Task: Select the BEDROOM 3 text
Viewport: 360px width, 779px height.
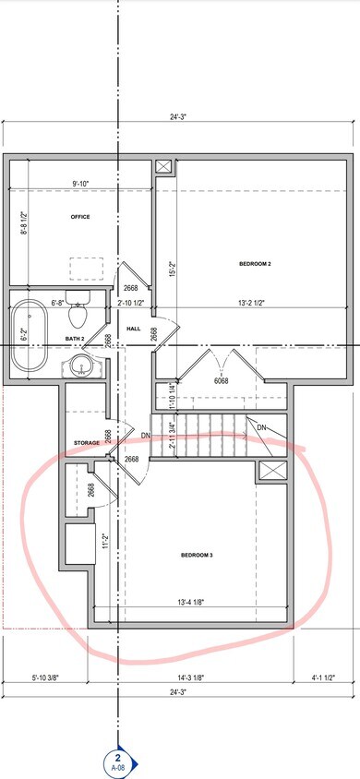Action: (x=197, y=555)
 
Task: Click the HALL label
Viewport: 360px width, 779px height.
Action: (x=133, y=328)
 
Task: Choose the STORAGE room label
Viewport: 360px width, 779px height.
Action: (x=87, y=443)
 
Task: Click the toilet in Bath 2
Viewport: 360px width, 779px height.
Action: (x=78, y=312)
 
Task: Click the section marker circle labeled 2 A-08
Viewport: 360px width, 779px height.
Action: (x=118, y=762)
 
